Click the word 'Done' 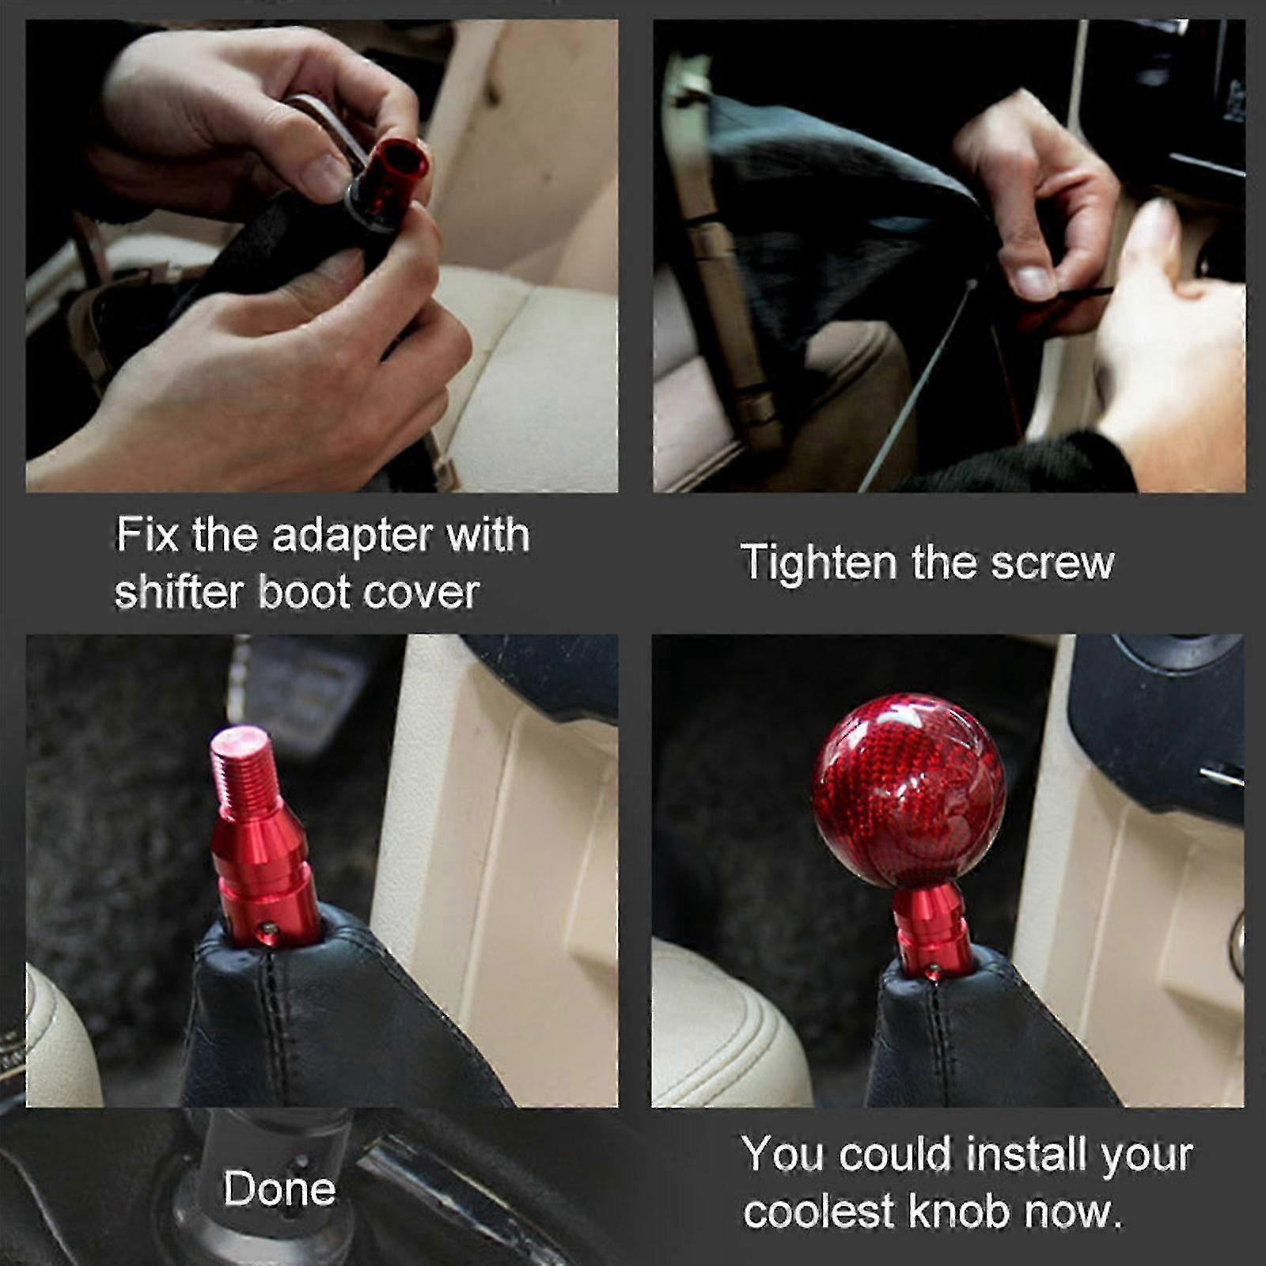[x=279, y=1188]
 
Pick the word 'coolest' [x=818, y=1211]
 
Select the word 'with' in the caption [x=488, y=534]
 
